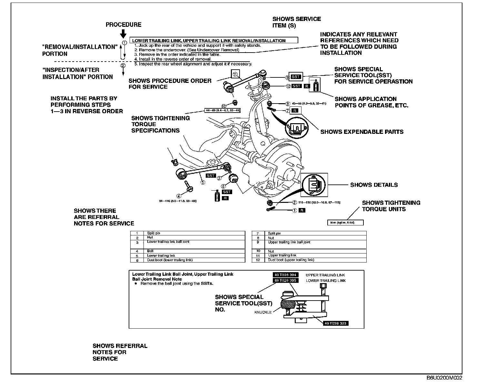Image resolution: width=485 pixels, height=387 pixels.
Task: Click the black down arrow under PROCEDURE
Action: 123,34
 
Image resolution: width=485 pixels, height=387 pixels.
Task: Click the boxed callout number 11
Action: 235,74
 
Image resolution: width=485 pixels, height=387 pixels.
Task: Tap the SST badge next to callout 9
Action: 295,77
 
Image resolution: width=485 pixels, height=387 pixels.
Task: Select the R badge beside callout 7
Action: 295,111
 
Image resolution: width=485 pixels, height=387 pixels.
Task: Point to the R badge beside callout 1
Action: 302,210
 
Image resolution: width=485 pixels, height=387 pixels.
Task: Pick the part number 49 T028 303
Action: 336,323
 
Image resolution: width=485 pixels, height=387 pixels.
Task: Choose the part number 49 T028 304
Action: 285,275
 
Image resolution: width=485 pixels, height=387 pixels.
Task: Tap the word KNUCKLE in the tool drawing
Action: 263,312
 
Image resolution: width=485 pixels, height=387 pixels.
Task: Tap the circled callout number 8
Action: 288,104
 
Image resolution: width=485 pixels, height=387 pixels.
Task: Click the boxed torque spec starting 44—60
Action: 223,111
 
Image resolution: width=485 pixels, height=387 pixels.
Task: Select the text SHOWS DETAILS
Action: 374,185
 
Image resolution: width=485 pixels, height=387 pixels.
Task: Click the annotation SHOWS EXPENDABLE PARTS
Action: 361,132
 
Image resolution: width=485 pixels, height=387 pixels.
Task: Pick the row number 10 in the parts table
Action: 258,251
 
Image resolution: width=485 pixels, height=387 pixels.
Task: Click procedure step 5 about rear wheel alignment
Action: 193,64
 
